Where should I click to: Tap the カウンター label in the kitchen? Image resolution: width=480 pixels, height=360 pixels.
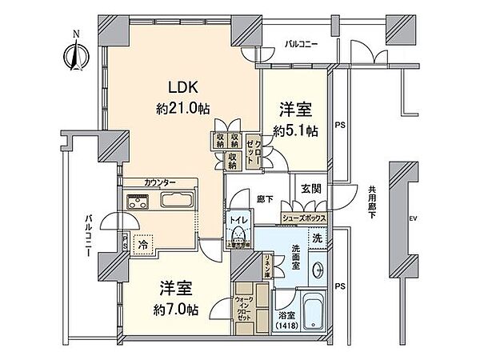(x=162, y=182)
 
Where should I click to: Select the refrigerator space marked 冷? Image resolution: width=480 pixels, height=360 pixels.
(x=141, y=243)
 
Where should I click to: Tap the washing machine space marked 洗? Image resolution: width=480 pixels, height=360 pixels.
(x=317, y=237)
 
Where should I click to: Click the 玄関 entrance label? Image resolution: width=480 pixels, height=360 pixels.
(x=310, y=189)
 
